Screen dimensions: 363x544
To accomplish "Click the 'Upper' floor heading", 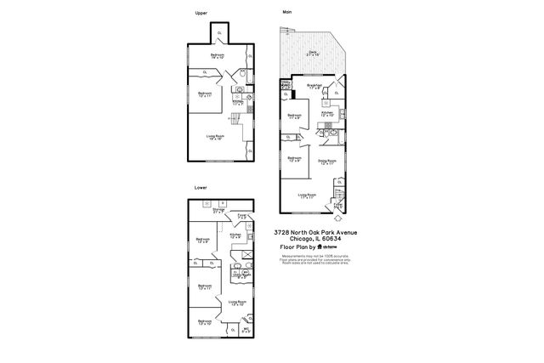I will tap(201, 13).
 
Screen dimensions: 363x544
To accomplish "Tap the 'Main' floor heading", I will tap(287, 13).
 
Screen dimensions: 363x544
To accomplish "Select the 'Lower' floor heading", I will tap(201, 187).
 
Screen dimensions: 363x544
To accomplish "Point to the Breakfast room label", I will tap(314, 85).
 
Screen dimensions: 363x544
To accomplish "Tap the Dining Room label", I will tap(328, 161).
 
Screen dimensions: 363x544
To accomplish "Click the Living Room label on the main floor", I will tap(309, 196).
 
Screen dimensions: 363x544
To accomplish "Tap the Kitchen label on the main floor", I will tap(327, 112).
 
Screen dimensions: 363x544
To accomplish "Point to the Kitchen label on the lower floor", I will tap(235, 235).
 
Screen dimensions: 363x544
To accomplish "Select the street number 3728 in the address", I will tap(284, 231).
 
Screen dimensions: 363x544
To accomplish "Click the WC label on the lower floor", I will tap(246, 330).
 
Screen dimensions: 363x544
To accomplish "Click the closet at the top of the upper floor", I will tap(220, 32).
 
